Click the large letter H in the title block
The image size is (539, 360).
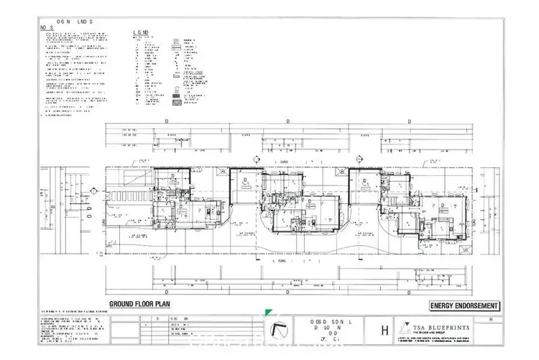click(384, 331)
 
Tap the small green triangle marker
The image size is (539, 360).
click(267, 313)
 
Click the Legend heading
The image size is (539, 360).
click(141, 32)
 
